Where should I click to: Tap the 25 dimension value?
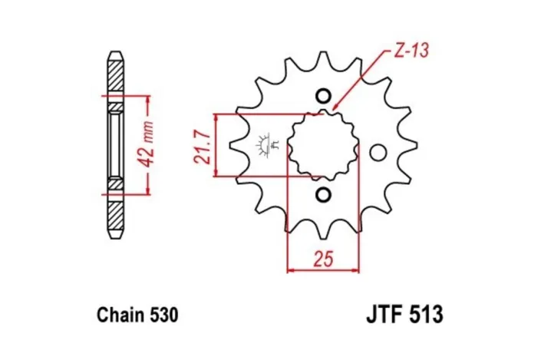[x=322, y=259]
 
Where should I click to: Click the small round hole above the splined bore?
[x=322, y=97]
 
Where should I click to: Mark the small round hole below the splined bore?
[x=322, y=193]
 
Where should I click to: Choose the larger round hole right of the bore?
[x=377, y=153]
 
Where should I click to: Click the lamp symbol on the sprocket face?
[x=266, y=144]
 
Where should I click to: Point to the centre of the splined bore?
[x=322, y=146]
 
